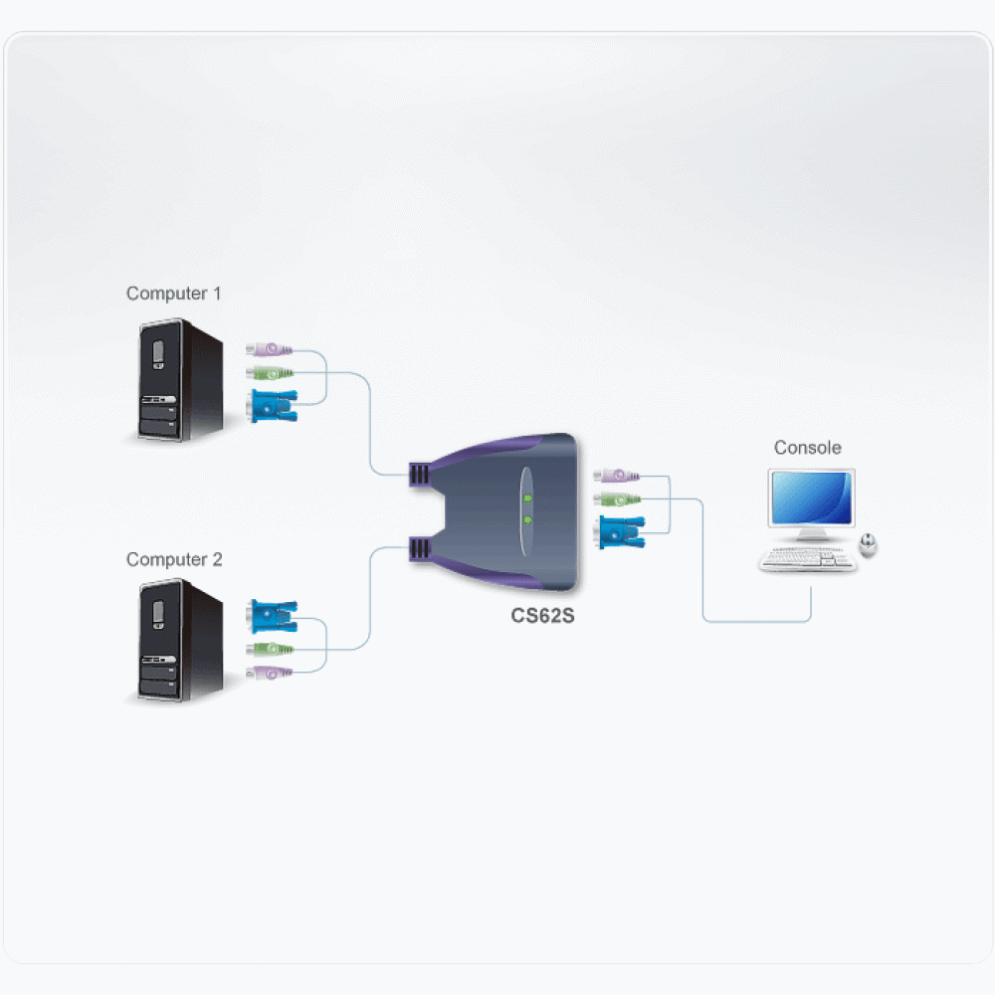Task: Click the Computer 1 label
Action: (173, 294)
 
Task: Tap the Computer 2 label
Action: (174, 559)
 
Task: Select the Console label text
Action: (807, 448)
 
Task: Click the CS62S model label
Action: (542, 616)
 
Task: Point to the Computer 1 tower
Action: (181, 380)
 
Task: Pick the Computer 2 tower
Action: (181, 640)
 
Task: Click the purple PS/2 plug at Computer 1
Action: (269, 349)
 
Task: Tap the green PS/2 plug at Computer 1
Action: (269, 372)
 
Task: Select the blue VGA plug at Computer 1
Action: (274, 406)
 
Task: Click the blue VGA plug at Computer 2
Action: (273, 616)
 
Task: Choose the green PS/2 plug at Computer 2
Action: (270, 649)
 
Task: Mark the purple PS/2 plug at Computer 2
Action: (269, 672)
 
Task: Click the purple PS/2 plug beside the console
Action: (616, 475)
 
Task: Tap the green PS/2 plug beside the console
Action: (617, 499)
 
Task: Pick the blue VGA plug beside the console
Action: (621, 532)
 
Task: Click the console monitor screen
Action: (812, 497)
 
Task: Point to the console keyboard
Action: (807, 559)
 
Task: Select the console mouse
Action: (868, 545)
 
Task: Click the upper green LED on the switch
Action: (527, 498)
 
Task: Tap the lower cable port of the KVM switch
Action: (419, 549)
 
